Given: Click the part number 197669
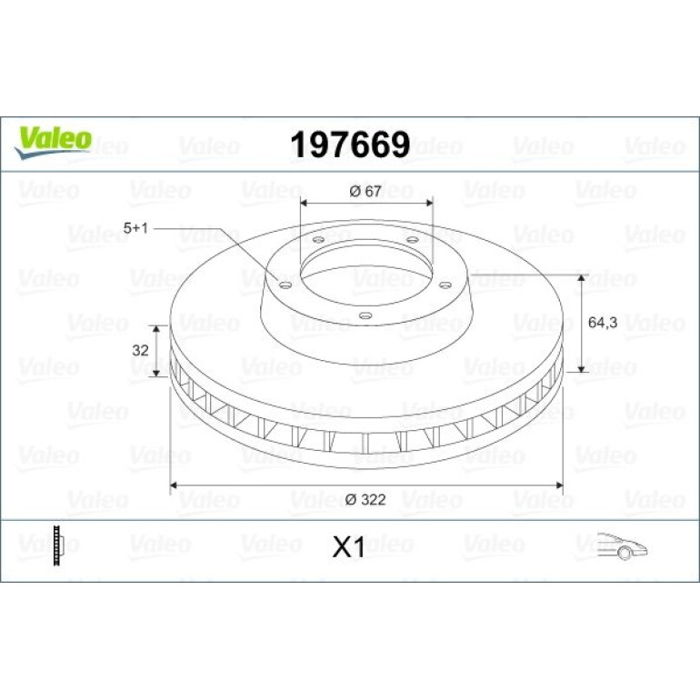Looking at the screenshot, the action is (x=350, y=145).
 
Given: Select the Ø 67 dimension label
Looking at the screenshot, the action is (x=365, y=191).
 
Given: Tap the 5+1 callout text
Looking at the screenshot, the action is (x=135, y=228).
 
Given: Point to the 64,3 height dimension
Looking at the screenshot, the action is (x=602, y=323).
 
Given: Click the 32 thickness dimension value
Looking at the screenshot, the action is (x=140, y=350).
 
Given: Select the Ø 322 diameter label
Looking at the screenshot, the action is (x=365, y=500).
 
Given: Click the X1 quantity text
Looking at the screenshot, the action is (x=349, y=547).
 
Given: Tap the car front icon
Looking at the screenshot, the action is (x=623, y=545).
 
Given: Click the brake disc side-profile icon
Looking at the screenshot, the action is (x=58, y=545).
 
